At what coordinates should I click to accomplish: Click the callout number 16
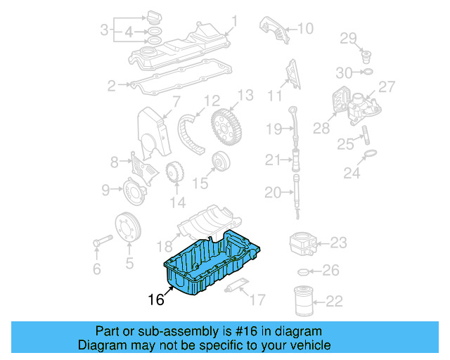coord(156,300)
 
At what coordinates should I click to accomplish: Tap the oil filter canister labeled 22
coord(304,302)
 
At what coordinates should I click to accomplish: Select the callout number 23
coord(338,243)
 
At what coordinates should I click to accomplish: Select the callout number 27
coord(387,86)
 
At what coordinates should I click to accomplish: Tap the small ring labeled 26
coord(303,271)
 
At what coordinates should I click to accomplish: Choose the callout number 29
coord(349,38)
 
